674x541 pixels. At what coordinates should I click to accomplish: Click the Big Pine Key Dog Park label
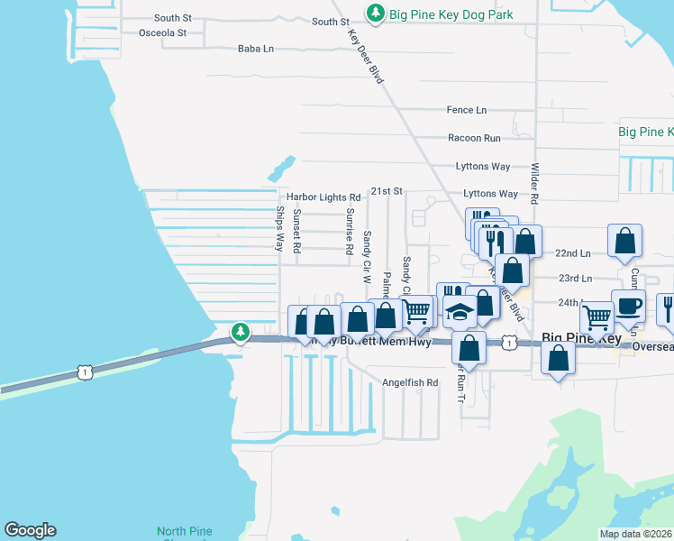pyautogui.click(x=451, y=14)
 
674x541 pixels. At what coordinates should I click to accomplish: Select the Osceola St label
pyautogui.click(x=162, y=33)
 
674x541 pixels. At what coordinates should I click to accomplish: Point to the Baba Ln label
pyautogui.click(x=255, y=50)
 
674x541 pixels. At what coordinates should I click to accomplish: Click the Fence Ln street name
pyautogui.click(x=466, y=110)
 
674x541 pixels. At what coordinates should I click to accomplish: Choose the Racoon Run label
pyautogui.click(x=474, y=139)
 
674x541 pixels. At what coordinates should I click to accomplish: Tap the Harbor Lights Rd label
pyautogui.click(x=323, y=197)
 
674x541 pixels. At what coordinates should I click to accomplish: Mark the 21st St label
pyautogui.click(x=386, y=191)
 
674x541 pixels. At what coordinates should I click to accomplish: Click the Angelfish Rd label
pyautogui.click(x=410, y=382)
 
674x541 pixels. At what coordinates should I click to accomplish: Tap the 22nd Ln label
pyautogui.click(x=573, y=254)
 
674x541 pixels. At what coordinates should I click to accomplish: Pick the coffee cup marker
pyautogui.click(x=628, y=305)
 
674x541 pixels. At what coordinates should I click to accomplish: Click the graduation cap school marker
pyautogui.click(x=460, y=312)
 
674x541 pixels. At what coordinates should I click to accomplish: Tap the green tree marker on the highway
pyautogui.click(x=240, y=333)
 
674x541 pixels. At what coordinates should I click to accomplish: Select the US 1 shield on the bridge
pyautogui.click(x=84, y=371)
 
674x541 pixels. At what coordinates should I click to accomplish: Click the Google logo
pyautogui.click(x=30, y=530)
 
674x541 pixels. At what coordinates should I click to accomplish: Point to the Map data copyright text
pyautogui.click(x=636, y=534)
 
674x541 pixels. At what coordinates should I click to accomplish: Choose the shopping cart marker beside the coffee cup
pyautogui.click(x=597, y=317)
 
